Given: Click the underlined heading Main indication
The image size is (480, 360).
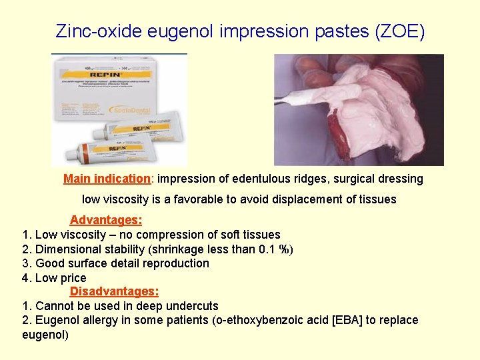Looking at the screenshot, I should pos(107,179).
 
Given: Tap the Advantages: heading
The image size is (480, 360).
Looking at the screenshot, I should pos(106,220).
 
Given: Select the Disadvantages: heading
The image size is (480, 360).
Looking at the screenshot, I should pos(115,291).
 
